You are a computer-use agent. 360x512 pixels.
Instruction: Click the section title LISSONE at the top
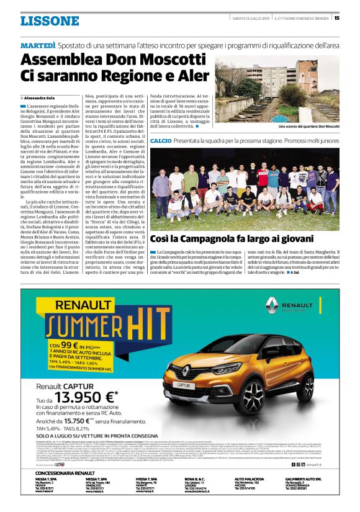(x=50, y=21)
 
